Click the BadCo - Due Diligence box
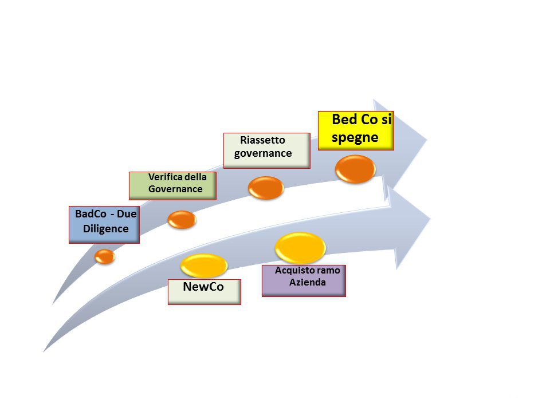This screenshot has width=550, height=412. [x=104, y=224]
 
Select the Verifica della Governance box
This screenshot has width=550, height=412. [x=172, y=185]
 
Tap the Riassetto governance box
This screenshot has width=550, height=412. [x=266, y=150]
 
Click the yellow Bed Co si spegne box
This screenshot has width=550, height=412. [x=356, y=130]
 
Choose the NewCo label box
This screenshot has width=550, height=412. [x=204, y=291]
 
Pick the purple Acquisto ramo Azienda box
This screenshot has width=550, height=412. [x=304, y=280]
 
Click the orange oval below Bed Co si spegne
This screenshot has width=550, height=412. [x=355, y=169]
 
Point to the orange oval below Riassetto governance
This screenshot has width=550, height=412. [x=266, y=188]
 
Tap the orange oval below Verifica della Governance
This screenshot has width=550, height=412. [x=182, y=219]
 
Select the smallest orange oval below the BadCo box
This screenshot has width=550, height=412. [x=105, y=256]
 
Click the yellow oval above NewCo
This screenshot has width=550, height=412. [x=204, y=265]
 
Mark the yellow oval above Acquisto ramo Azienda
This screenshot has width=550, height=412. [x=300, y=247]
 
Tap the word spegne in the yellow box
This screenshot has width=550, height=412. [x=355, y=138]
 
